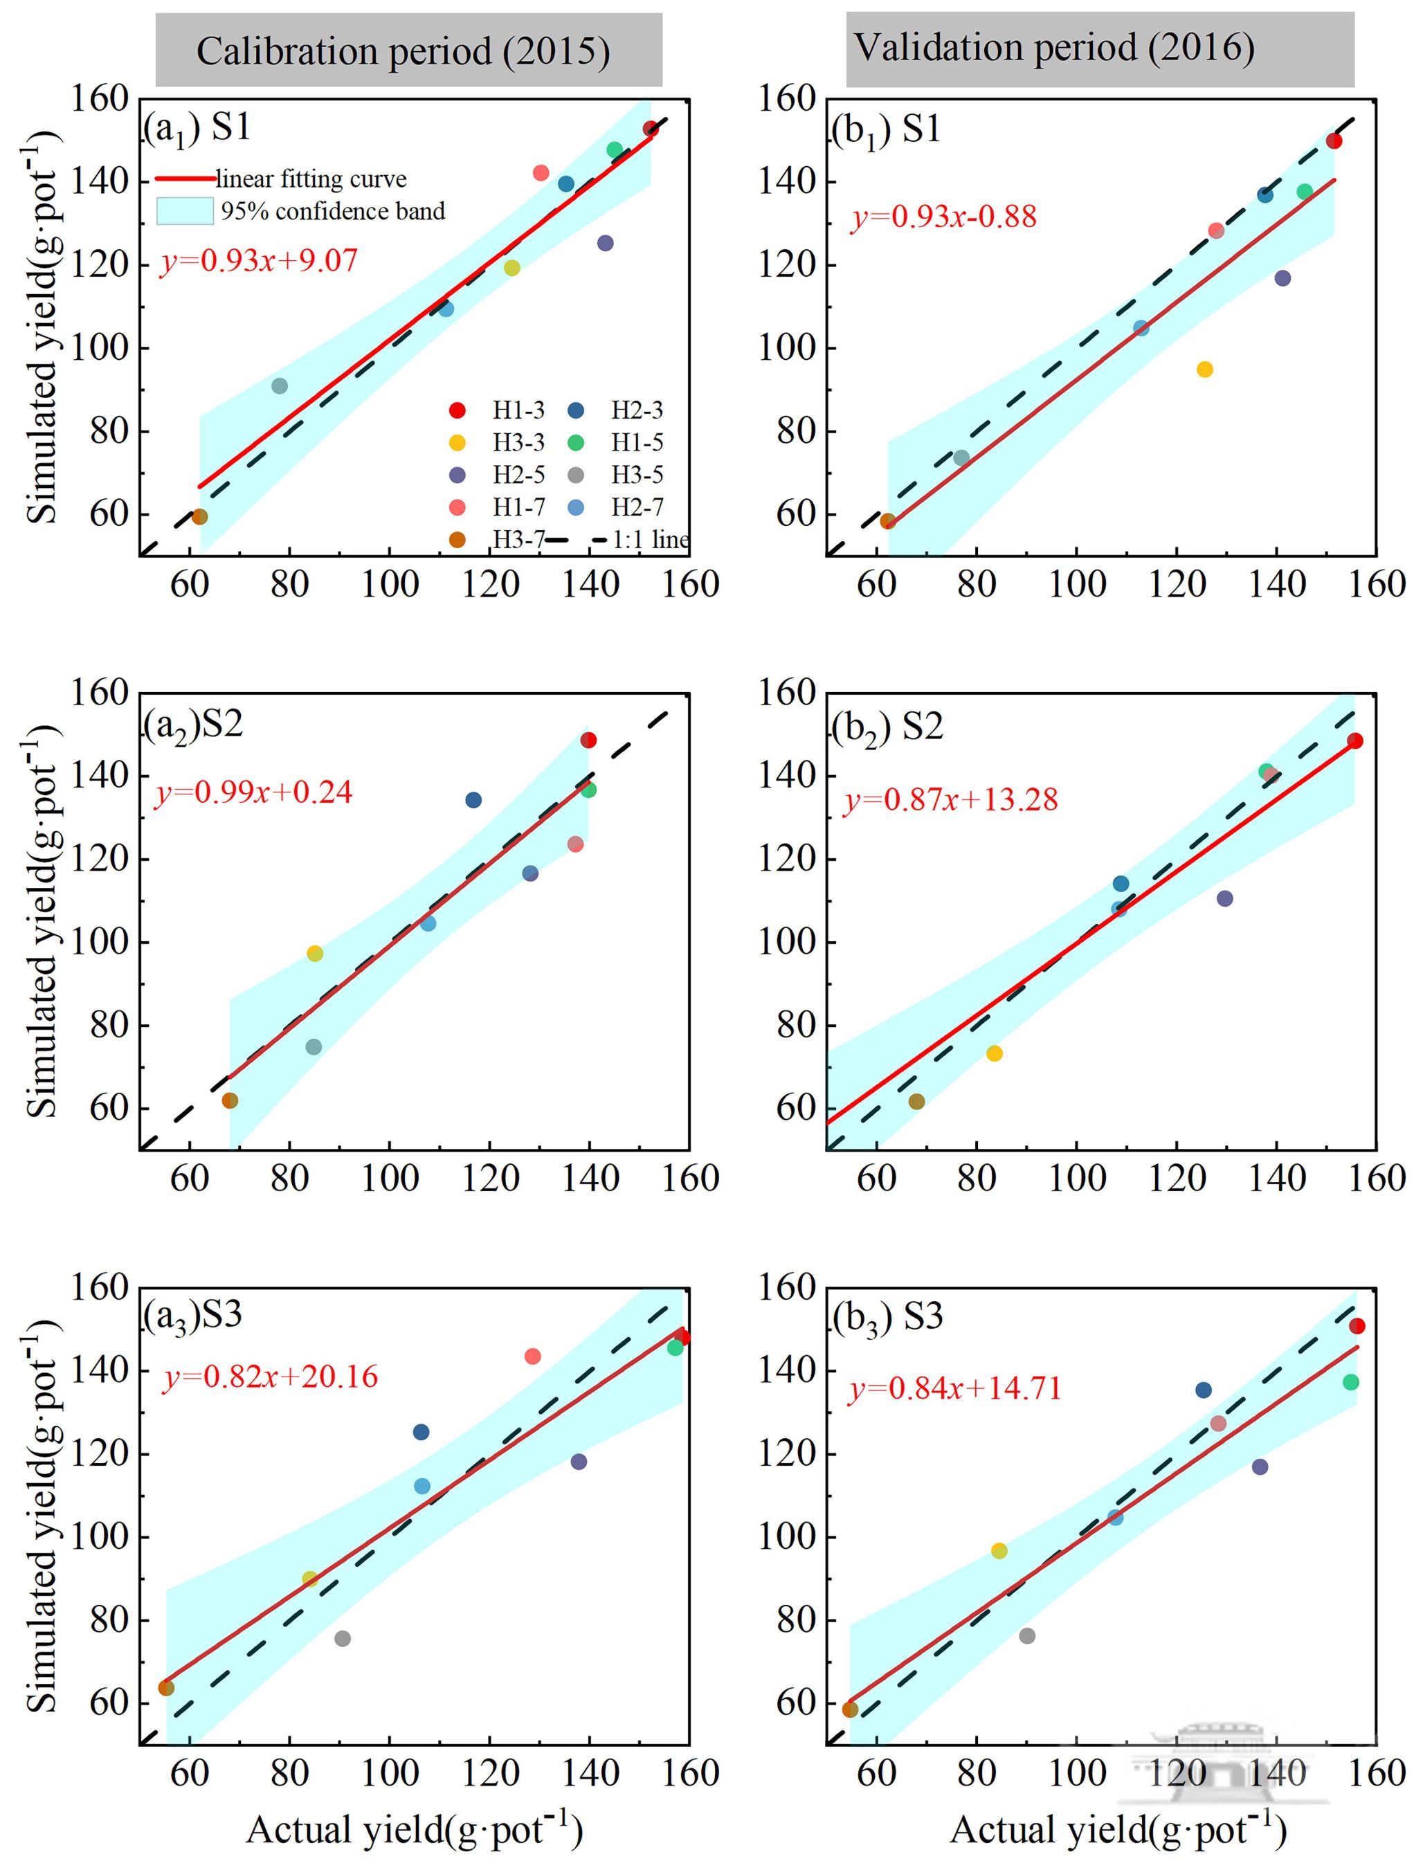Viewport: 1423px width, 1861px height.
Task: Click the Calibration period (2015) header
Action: (404, 51)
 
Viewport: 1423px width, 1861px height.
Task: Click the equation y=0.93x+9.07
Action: (259, 260)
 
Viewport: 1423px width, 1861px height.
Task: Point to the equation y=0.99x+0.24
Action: (253, 792)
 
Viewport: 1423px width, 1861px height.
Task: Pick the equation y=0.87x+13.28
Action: (950, 799)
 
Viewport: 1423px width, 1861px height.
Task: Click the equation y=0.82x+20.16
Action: (270, 1377)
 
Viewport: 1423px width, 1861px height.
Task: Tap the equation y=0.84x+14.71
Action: (954, 1388)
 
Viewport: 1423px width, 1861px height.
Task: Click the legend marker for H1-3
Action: (457, 411)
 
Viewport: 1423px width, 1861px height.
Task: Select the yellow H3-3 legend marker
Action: (457, 443)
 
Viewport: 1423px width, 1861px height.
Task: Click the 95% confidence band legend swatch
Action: (184, 211)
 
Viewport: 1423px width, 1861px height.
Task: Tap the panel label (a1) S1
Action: (197, 128)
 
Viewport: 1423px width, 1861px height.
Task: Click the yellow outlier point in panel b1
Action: (1204, 370)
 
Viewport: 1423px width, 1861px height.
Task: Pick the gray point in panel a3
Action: (342, 1638)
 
